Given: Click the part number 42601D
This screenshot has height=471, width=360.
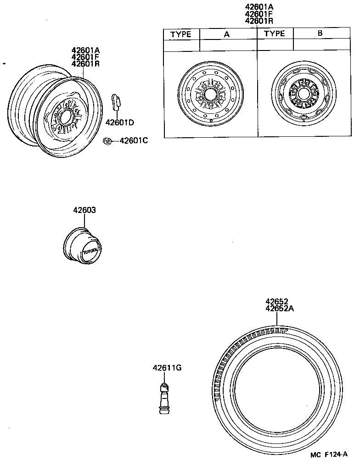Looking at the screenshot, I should point(119,123).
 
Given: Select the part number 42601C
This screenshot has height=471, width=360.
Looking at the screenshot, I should point(134,140).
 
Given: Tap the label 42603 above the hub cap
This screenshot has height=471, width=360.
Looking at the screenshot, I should point(84,210).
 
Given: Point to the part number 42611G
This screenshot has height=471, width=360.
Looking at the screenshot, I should point(167,368).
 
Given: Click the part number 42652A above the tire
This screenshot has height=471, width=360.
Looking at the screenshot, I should point(279,308).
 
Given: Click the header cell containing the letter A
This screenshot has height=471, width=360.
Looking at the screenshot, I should point(228,34).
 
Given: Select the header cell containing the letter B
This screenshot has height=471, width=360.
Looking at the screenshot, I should point(320,34).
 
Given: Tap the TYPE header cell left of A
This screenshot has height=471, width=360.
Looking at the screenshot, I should point(181,34).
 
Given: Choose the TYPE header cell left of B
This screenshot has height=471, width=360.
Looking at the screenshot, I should point(275,34).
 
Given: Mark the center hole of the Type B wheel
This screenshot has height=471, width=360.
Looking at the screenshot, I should point(303,93).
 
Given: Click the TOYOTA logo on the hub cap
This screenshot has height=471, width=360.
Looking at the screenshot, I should point(90,252).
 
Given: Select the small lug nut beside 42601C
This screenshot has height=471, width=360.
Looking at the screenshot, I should point(107,141).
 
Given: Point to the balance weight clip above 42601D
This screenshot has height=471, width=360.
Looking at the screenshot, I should point(116,102).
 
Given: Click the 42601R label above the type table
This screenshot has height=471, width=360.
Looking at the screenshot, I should point(259,21).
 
